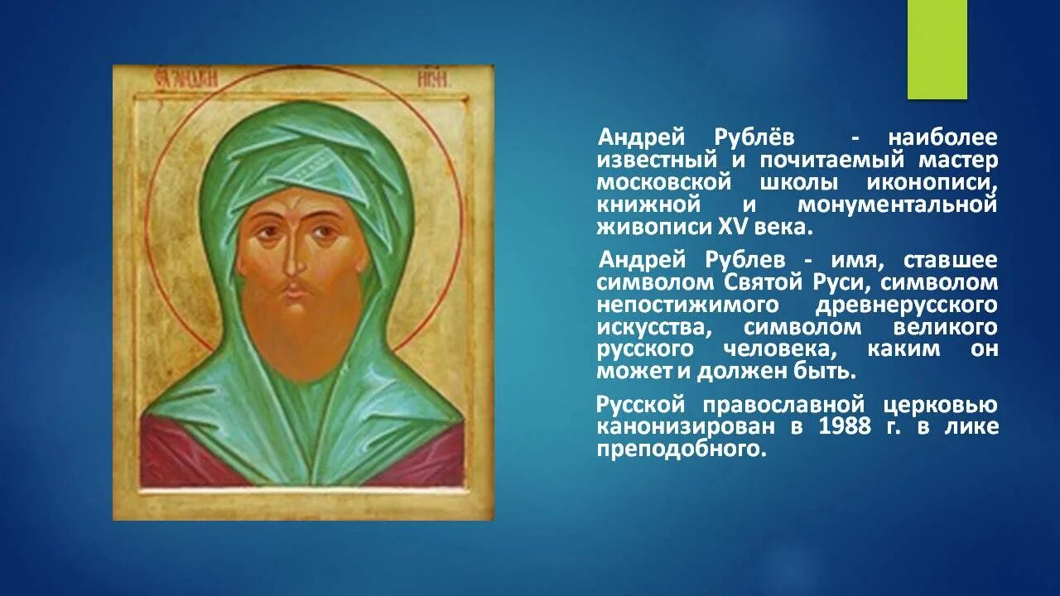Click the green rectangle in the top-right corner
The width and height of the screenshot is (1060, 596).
pyautogui.click(x=937, y=50)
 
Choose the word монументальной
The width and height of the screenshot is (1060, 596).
pyautogui.click(x=898, y=204)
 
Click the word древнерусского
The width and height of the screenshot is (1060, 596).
pyautogui.click(x=907, y=305)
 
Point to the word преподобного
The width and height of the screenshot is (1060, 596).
pyautogui.click(x=677, y=449)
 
